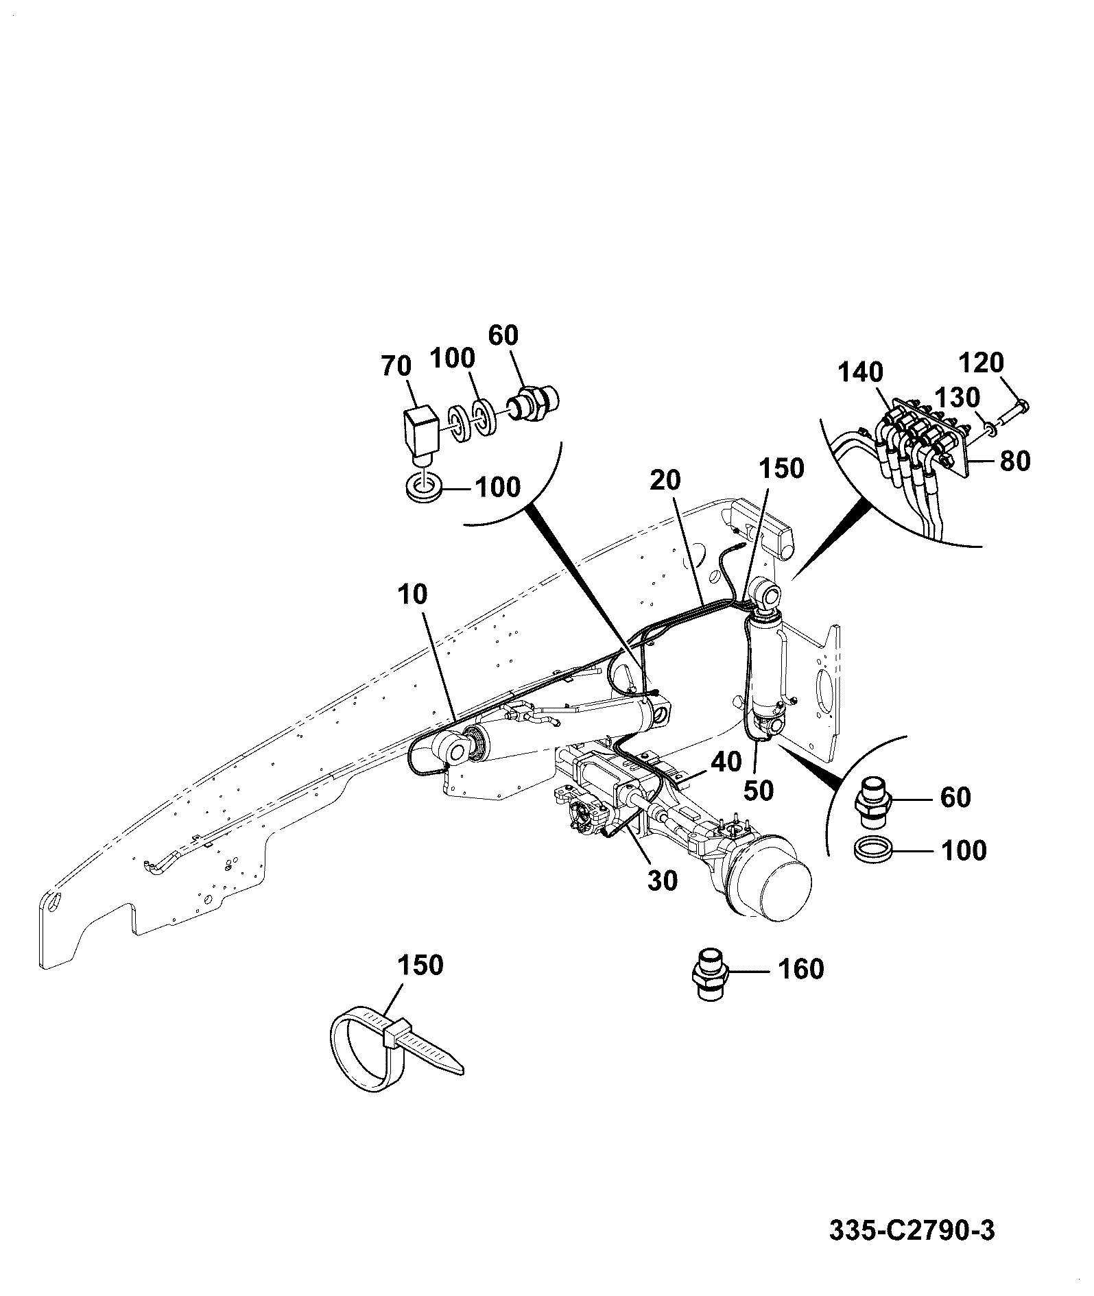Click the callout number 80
1015,461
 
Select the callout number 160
800,969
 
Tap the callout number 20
665,481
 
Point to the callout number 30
663,880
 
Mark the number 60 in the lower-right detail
956,797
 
